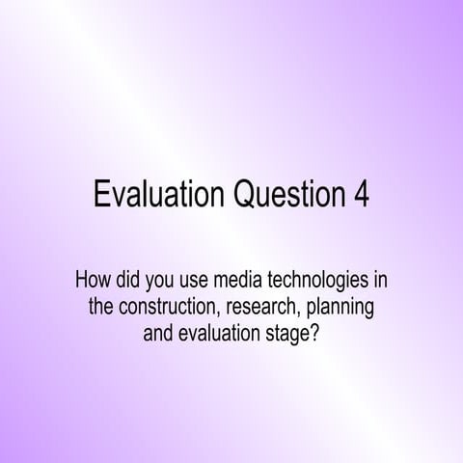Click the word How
93,283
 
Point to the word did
132,283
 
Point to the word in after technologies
380,283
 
